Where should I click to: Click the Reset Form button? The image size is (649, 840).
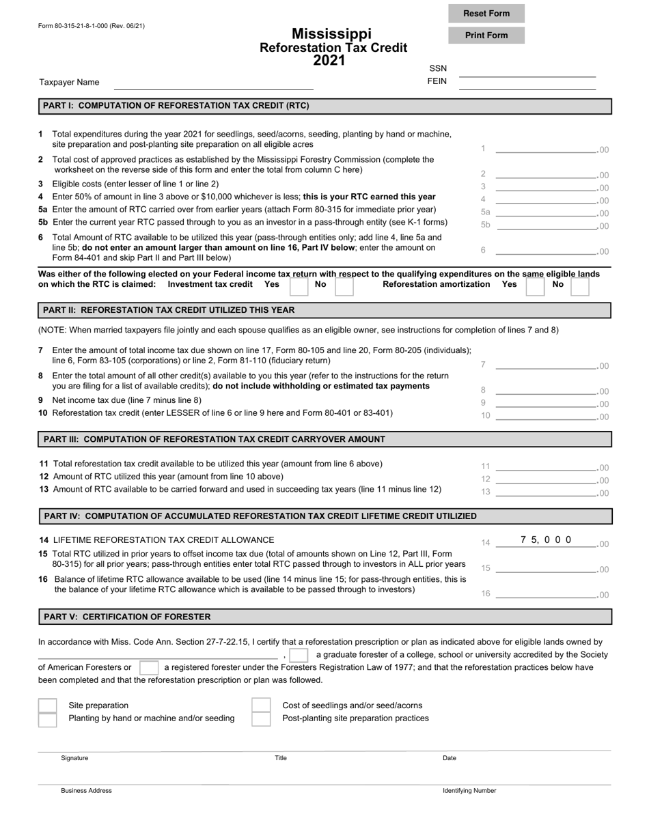pyautogui.click(x=486, y=14)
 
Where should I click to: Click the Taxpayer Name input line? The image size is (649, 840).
pyautogui.click(x=213, y=83)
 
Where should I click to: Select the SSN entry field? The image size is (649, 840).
pyautogui.click(x=527, y=71)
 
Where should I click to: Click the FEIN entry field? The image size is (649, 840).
pyautogui.click(x=527, y=83)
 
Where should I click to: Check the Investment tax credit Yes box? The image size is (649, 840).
pyautogui.click(x=299, y=285)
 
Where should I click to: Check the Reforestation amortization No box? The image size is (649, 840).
pyautogui.click(x=579, y=285)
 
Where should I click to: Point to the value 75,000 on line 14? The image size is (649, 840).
pyautogui.click(x=546, y=540)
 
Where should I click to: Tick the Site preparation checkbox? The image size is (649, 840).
pyautogui.click(x=47, y=705)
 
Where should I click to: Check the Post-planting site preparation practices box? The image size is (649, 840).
pyautogui.click(x=261, y=719)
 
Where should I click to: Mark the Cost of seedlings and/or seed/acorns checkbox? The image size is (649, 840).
pyautogui.click(x=261, y=705)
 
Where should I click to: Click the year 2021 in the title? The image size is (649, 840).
pyautogui.click(x=329, y=61)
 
